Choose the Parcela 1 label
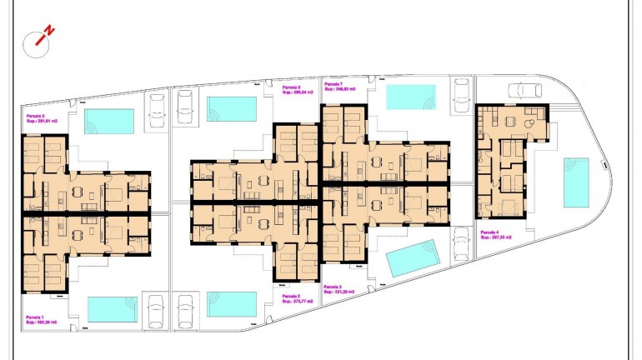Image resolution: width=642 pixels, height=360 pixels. click(x=35, y=317)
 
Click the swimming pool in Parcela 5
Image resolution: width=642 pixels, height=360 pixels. click(x=109, y=121)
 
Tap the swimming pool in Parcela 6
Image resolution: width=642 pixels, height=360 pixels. click(x=232, y=109)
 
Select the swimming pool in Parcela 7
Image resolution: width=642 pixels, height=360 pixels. click(x=410, y=96)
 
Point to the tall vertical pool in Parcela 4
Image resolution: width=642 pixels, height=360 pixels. click(x=575, y=182)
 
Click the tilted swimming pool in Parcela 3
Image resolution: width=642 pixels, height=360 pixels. click(x=413, y=257)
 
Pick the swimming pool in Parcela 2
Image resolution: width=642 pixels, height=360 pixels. click(x=232, y=303)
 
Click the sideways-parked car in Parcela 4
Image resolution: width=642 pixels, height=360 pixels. click(x=524, y=89)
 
